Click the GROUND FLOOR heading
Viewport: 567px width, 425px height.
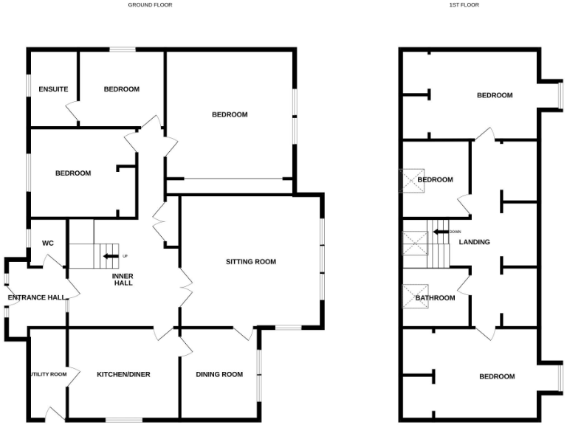coord(150,4)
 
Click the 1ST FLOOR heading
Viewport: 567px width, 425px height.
coord(464,4)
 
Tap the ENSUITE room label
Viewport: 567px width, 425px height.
coord(53,89)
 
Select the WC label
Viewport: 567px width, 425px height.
coord(48,243)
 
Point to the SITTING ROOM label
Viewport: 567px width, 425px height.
coord(251,261)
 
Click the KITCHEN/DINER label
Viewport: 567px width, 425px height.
coord(123,374)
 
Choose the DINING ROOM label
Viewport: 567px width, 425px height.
coord(219,374)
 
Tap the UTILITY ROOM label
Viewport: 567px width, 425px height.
coord(49,374)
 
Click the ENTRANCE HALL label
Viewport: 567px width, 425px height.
coord(33,298)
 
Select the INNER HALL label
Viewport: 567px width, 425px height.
coord(123,279)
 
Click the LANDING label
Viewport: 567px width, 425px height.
coord(474,241)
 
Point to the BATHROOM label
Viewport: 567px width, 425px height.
coord(435,298)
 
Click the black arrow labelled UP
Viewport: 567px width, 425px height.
coord(110,256)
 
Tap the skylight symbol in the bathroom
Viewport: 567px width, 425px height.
coord(411,296)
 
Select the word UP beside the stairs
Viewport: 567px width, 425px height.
coord(125,256)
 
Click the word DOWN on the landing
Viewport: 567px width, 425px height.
coord(455,232)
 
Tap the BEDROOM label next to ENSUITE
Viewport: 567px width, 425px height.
coord(122,89)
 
